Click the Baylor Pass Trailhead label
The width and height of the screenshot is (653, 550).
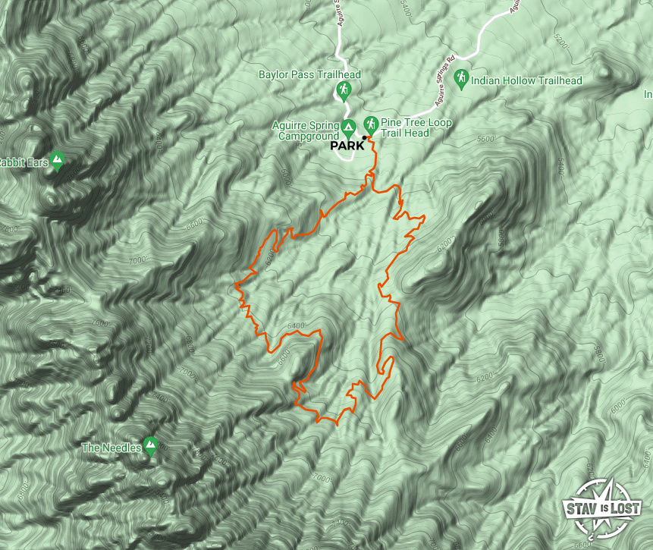pos(309,74)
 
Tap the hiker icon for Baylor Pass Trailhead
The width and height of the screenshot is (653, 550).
pos(343,91)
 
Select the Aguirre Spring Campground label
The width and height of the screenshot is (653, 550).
pos(306,130)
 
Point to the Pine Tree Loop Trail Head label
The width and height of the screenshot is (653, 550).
pos(416,127)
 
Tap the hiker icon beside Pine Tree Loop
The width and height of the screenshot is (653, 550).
pos(371,124)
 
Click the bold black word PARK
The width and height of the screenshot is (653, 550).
pos(348,146)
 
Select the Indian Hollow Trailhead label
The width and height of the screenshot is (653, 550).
pos(526,80)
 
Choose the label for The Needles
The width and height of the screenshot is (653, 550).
pos(111,448)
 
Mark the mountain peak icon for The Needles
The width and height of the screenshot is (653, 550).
pos(150,446)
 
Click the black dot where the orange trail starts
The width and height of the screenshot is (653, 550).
pos(365,137)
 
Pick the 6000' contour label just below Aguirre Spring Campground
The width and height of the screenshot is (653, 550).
pos(286,179)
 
